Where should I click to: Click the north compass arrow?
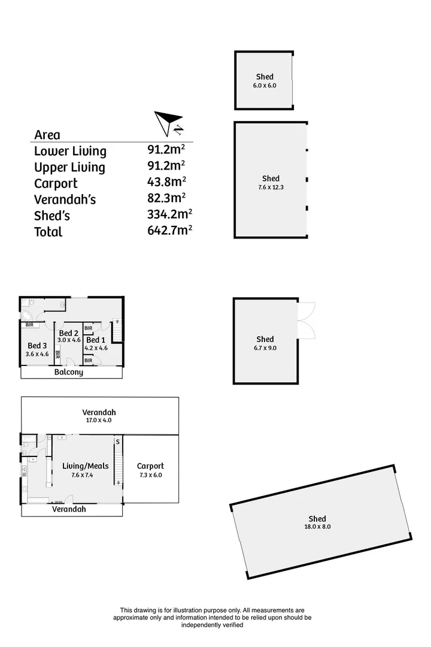pyautogui.click(x=167, y=122)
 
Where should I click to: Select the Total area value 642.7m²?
pyautogui.click(x=170, y=230)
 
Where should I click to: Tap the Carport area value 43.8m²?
pyautogui.click(x=166, y=182)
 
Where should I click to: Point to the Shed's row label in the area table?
pyautogui.click(x=52, y=216)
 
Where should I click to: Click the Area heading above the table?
pyautogui.click(x=47, y=135)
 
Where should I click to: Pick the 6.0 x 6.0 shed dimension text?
pyautogui.click(x=265, y=86)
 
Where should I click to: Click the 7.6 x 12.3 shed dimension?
pyautogui.click(x=271, y=187)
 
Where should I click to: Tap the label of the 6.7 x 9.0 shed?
pyautogui.click(x=265, y=339)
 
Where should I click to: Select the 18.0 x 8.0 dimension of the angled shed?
pyautogui.click(x=317, y=527)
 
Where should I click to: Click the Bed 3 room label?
pyautogui.click(x=37, y=346)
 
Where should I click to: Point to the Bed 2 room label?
pyautogui.click(x=68, y=333)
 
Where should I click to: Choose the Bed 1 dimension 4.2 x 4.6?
pyautogui.click(x=96, y=348)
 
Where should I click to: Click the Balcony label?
pyautogui.click(x=68, y=372)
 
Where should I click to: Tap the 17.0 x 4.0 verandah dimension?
pyautogui.click(x=99, y=420)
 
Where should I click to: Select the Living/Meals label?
pyautogui.click(x=86, y=466)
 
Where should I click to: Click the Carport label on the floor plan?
pyautogui.click(x=150, y=466)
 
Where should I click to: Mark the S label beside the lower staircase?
pyautogui.click(x=117, y=442)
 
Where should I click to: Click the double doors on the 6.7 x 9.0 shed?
pyautogui.click(x=306, y=321)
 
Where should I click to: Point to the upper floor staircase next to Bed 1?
pyautogui.click(x=117, y=331)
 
